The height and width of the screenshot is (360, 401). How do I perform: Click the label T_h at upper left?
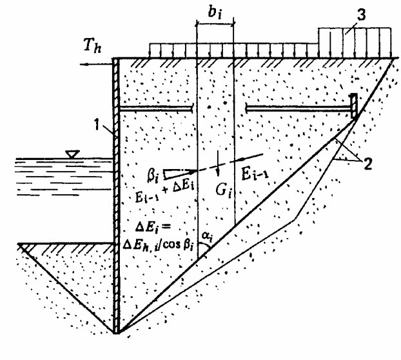point(92,46)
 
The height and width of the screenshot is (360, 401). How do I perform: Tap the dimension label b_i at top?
point(215,12)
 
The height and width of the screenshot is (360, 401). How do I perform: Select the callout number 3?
point(361,15)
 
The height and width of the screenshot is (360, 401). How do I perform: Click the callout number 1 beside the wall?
point(97,125)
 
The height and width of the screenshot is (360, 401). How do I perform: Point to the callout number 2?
point(367,164)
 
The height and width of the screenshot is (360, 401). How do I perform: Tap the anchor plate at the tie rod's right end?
point(354,106)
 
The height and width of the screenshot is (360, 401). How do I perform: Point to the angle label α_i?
point(207,236)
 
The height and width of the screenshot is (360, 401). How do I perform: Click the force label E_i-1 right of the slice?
point(255,175)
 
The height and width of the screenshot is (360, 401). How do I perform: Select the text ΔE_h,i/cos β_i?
point(158,245)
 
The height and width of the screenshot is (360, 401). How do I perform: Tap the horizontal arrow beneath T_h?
point(97,64)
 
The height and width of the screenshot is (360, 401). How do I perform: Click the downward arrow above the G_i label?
point(218,163)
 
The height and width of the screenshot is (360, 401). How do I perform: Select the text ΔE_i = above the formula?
point(153,228)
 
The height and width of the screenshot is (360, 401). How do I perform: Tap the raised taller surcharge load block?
point(355,43)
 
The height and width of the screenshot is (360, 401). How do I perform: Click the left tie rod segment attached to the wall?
point(156,109)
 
